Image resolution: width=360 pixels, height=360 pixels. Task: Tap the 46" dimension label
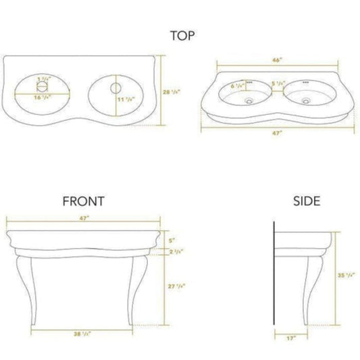click(x=277, y=59)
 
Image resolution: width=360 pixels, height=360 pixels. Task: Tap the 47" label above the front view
click(x=83, y=220)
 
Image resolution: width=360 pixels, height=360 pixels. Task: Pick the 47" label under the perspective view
click(x=278, y=134)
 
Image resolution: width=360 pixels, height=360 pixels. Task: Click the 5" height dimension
click(x=172, y=239)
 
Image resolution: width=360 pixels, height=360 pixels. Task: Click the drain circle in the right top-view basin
click(x=115, y=88)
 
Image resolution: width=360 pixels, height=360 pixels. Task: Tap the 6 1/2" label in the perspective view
click(x=237, y=86)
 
